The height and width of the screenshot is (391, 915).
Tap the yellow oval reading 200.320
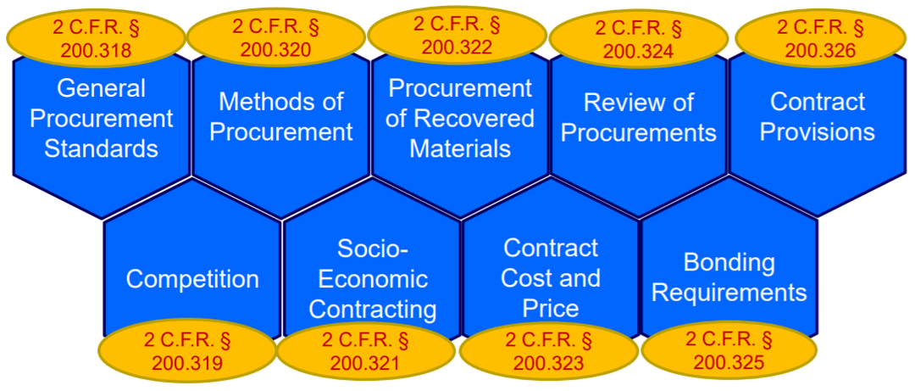(x=275, y=37)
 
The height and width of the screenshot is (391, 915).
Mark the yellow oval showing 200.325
(x=729, y=351)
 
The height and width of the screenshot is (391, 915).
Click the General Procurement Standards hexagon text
(x=101, y=118)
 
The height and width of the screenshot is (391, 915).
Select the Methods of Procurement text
(x=280, y=117)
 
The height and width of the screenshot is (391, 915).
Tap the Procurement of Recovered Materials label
(x=460, y=118)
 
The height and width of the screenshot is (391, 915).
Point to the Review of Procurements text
(x=639, y=118)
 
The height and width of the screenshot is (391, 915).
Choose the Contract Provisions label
(x=818, y=117)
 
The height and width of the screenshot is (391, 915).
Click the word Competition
(x=192, y=279)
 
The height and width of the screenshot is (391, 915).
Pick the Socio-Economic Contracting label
(x=373, y=278)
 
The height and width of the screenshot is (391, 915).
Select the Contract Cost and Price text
(x=551, y=277)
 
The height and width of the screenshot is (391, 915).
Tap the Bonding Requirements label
(x=729, y=277)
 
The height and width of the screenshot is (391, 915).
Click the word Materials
(x=460, y=148)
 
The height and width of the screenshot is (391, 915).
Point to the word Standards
(x=101, y=148)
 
